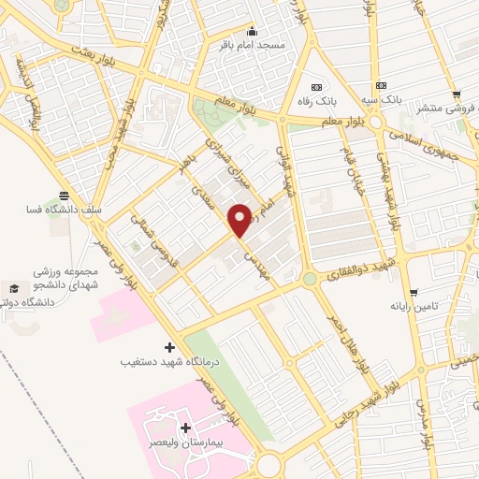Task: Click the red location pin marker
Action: pyautogui.click(x=240, y=219)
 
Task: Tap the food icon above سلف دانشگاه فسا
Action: pyautogui.click(x=64, y=196)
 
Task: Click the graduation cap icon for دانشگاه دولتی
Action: pyautogui.click(x=14, y=287)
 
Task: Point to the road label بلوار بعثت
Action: pyautogui.click(x=100, y=56)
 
